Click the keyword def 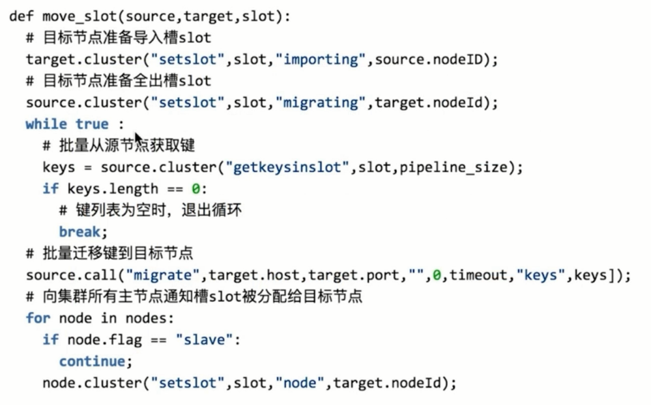tap(21, 16)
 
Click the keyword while tap(46, 124)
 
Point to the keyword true tap(92, 124)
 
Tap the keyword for tap(38, 318)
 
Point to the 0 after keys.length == tap(195, 189)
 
